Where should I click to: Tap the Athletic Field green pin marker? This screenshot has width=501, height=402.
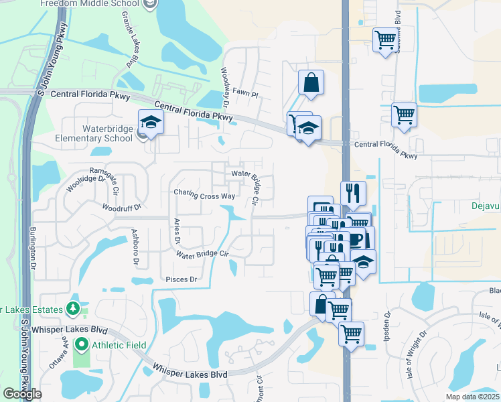point(82,346)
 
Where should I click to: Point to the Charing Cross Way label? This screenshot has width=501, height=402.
point(204,194)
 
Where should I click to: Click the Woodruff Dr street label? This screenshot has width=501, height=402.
point(121,208)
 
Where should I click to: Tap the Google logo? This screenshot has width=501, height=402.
point(23,393)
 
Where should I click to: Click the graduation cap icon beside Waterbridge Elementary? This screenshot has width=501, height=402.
point(151,123)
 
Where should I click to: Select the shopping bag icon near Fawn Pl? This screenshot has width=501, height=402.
point(311,83)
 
